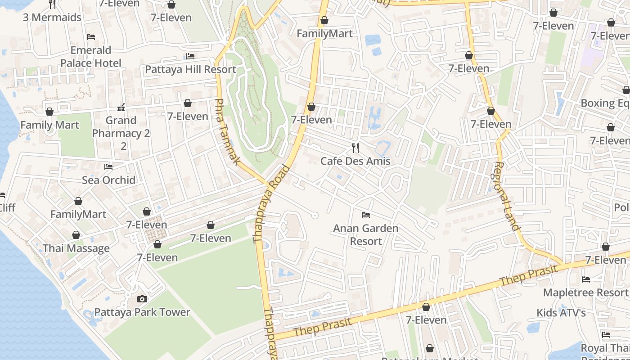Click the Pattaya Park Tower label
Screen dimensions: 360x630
(x=142, y=312)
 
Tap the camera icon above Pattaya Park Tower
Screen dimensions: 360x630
(x=142, y=299)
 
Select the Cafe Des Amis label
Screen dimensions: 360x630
(x=355, y=161)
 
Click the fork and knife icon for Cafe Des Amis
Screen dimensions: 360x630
(x=355, y=148)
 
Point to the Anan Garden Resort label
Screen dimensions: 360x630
(x=365, y=234)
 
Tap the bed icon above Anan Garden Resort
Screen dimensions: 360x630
(x=366, y=215)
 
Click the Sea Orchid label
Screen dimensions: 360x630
(x=108, y=180)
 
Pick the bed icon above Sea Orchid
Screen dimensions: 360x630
(x=108, y=167)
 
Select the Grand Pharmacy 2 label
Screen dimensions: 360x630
(x=121, y=127)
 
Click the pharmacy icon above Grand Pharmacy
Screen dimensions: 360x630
(x=121, y=107)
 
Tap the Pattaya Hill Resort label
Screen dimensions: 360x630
(x=190, y=69)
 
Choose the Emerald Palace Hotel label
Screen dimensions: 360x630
(x=91, y=56)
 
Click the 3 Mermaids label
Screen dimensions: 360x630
(x=52, y=18)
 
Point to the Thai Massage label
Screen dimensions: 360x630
(x=76, y=248)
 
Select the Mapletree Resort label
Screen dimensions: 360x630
(x=585, y=292)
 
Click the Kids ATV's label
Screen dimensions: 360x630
(x=561, y=312)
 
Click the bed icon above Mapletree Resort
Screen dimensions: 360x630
(x=586, y=279)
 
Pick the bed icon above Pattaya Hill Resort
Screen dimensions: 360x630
(x=190, y=56)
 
